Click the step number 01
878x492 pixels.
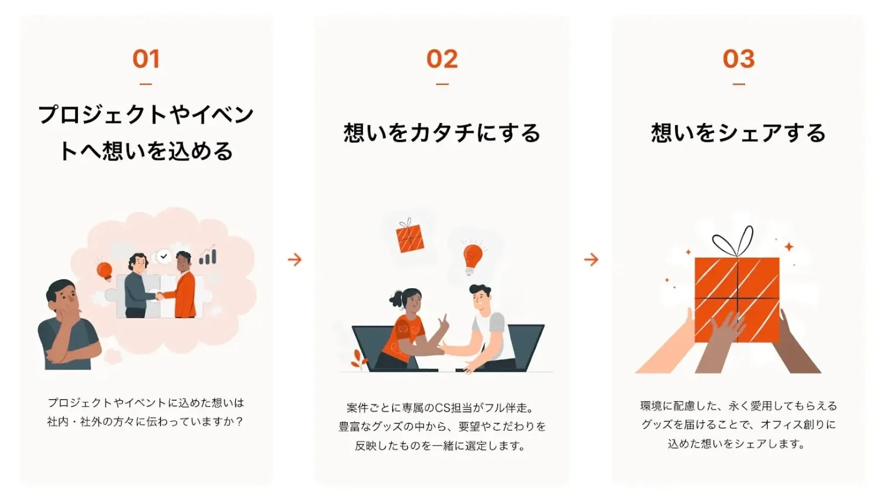[x=146, y=59]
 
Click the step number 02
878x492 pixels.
[x=442, y=59]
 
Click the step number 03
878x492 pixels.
[x=739, y=59]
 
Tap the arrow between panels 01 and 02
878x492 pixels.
[x=294, y=259]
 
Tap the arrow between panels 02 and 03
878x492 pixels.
[x=591, y=259]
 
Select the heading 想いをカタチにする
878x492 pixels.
[x=442, y=133]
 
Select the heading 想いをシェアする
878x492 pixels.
[x=739, y=133]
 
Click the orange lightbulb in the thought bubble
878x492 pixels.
[x=104, y=271]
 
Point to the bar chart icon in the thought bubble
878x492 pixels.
[x=208, y=256]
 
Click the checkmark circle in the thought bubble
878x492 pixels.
[x=164, y=256]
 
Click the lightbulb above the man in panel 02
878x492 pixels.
[x=472, y=257]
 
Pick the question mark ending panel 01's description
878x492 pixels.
[x=239, y=422]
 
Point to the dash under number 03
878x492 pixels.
[x=739, y=84]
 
